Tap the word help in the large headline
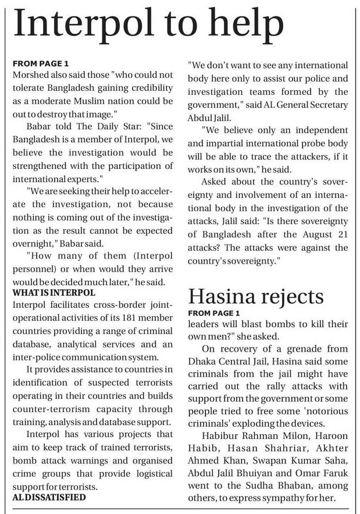(243, 24)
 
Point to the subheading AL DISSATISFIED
(49, 497)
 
